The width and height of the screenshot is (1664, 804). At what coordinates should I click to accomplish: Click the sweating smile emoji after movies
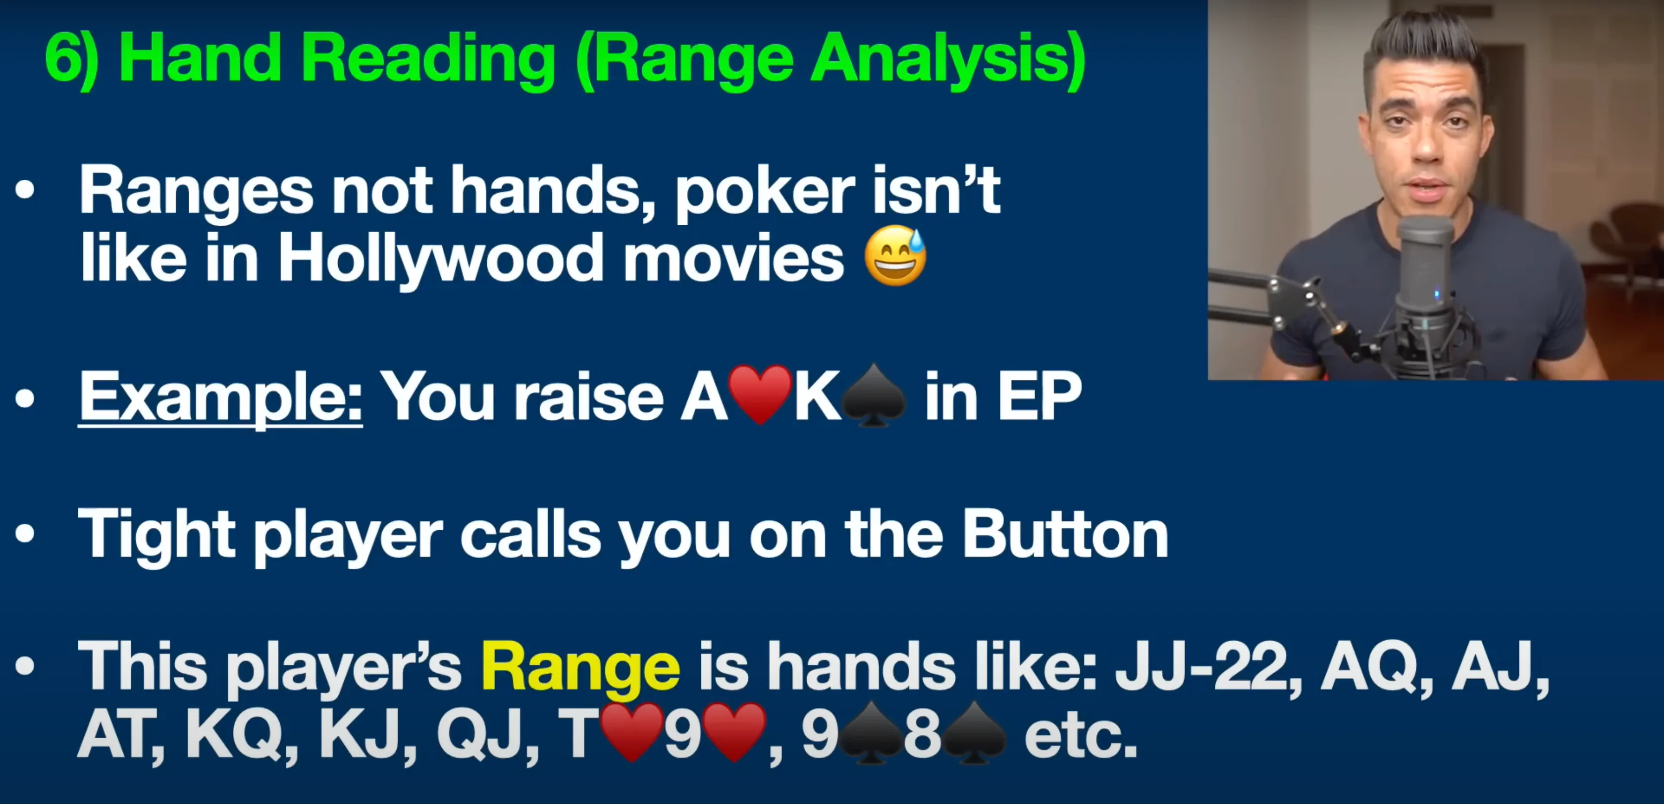[x=895, y=256]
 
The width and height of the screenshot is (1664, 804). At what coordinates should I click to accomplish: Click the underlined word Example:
[x=220, y=397]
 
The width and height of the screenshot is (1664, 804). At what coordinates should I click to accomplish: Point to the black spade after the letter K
[x=875, y=396]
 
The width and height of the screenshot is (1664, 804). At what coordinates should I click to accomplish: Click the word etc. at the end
[x=1080, y=736]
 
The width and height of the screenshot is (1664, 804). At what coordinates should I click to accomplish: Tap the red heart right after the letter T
[x=632, y=732]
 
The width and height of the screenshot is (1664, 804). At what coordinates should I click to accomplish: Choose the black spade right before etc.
[x=974, y=733]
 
